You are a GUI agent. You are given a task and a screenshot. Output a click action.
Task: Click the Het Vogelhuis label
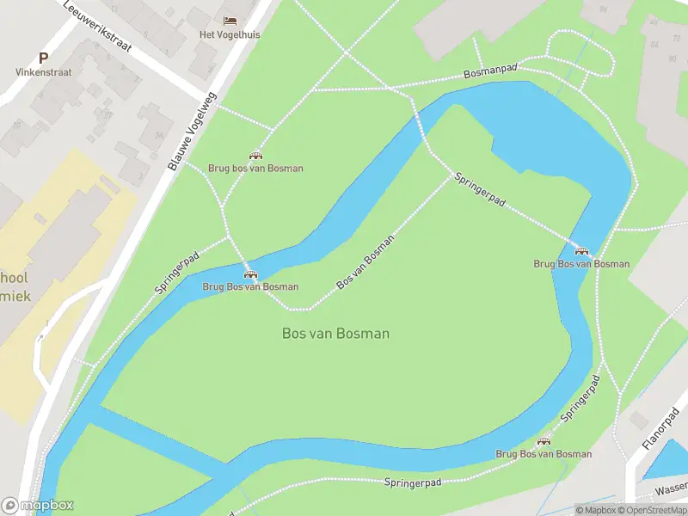(x=229, y=34)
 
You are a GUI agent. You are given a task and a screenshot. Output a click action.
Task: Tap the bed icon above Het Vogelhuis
(x=229, y=21)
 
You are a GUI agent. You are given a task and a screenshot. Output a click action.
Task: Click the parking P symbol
(x=43, y=58)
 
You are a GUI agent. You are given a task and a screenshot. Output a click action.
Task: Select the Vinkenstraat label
(x=43, y=73)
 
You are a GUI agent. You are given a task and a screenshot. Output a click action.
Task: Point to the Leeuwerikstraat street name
(x=97, y=26)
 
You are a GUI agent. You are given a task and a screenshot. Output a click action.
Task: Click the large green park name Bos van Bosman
(x=335, y=333)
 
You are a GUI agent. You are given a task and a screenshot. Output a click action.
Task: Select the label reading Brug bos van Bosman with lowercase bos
(x=255, y=169)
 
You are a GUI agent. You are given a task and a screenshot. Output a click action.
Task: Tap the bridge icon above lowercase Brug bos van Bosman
(x=255, y=156)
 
